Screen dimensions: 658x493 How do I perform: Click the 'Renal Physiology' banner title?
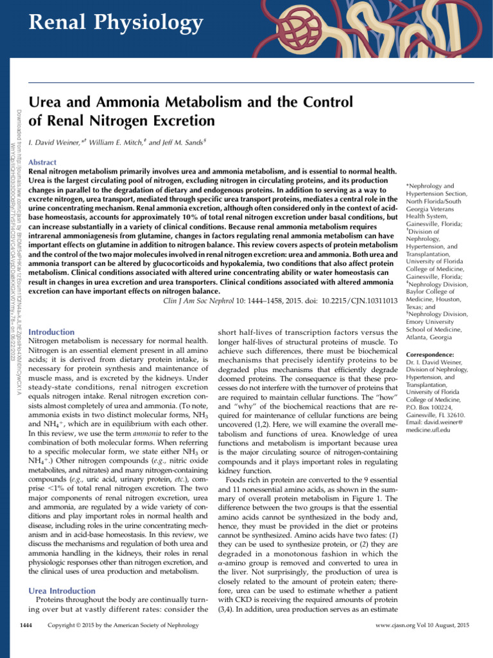coord(116,24)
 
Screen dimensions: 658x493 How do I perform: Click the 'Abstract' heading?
coord(43,163)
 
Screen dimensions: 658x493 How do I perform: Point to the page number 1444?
coord(28,643)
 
